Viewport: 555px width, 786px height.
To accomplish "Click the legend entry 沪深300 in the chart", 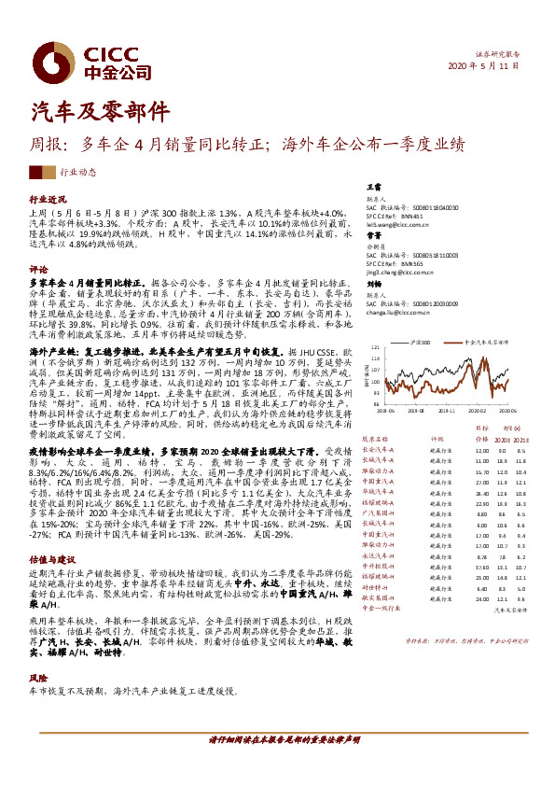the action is (419, 343).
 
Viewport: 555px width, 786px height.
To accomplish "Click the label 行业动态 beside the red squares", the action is (77, 172).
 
